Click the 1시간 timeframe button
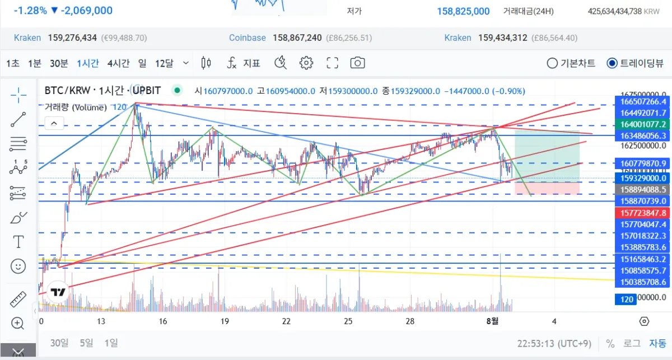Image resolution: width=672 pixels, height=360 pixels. [x=88, y=63]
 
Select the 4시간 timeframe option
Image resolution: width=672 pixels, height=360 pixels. [x=118, y=63]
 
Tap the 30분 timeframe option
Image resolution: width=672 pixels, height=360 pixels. [x=59, y=63]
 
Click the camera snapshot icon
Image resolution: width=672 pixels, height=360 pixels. [x=357, y=63]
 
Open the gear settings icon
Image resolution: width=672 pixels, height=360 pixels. [x=306, y=63]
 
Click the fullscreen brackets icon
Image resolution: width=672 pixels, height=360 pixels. [x=332, y=63]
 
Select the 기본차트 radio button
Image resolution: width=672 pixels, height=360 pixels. [x=552, y=63]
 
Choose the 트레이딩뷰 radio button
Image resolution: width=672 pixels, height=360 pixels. [x=612, y=63]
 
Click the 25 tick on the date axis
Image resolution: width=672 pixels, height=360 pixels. [x=348, y=321]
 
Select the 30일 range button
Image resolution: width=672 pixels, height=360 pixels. [x=59, y=343]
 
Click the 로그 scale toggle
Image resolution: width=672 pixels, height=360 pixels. [x=632, y=343]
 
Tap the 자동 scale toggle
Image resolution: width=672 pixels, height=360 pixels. [x=657, y=343]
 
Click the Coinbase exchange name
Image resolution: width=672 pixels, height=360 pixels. [x=247, y=38]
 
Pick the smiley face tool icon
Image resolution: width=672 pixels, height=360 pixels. [x=18, y=266]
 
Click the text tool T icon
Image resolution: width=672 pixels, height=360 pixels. [x=18, y=242]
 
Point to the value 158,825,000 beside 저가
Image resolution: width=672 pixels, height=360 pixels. [x=463, y=11]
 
